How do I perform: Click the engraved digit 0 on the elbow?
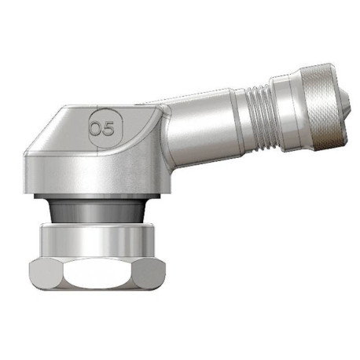pos(96,127)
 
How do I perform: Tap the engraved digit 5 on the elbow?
pos(108,127)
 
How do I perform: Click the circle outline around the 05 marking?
pos(102,113)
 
